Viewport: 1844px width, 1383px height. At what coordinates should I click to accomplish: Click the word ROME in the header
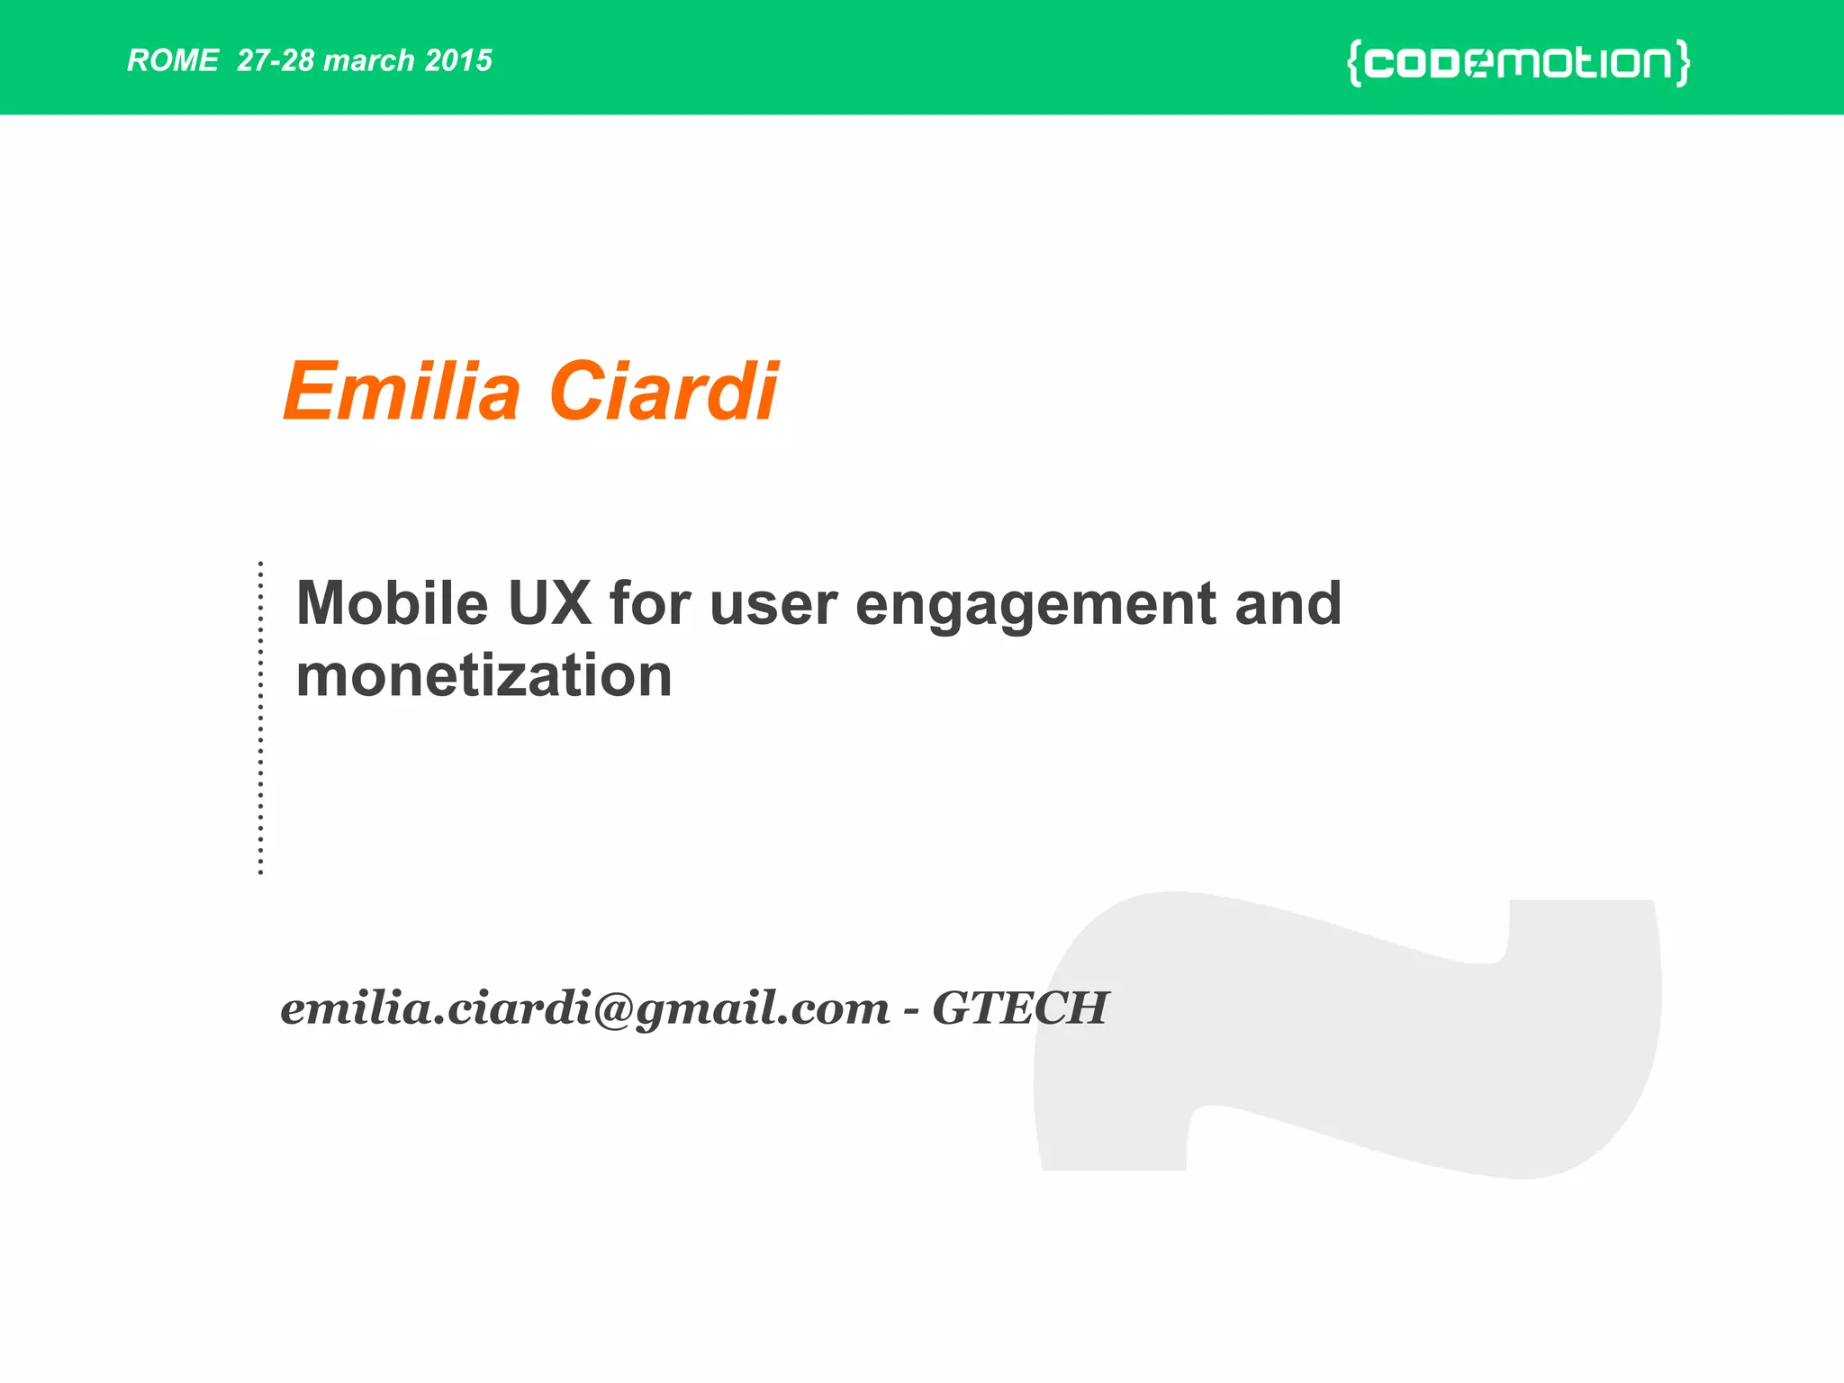point(172,60)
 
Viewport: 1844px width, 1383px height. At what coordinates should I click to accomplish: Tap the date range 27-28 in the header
point(276,60)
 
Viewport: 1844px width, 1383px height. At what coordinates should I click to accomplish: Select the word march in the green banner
point(368,60)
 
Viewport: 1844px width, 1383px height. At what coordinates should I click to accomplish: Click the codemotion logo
point(1518,63)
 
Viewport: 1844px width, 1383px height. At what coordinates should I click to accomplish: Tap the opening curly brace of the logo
point(1353,63)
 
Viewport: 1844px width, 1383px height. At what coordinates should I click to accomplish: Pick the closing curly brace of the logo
point(1682,63)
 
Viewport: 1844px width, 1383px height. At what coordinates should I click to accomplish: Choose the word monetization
point(484,676)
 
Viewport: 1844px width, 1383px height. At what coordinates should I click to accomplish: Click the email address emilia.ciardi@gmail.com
point(585,1008)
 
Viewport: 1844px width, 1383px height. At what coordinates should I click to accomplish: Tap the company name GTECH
point(1019,1008)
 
